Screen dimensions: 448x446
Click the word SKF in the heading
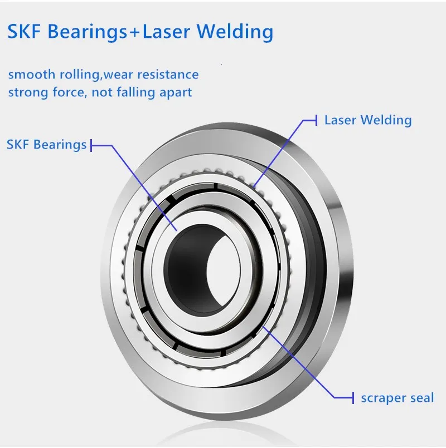(x=25, y=31)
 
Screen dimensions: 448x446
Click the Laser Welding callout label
(x=368, y=120)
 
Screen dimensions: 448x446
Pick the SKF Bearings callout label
(x=46, y=145)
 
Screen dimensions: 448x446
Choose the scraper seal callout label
(x=397, y=397)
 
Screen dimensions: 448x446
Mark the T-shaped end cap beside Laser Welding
(x=316, y=120)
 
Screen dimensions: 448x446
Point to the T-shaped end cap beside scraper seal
(x=353, y=397)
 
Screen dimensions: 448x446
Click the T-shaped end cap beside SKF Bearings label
(x=91, y=146)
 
